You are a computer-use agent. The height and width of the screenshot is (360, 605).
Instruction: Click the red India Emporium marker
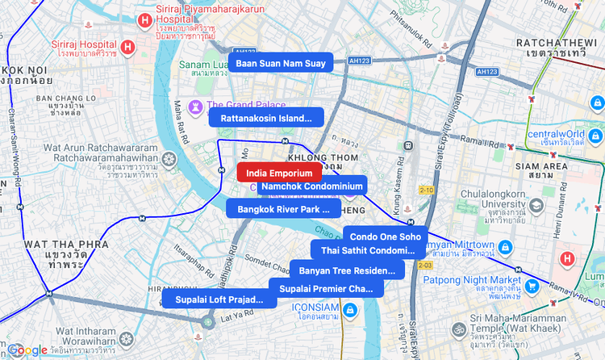pyautogui.click(x=279, y=173)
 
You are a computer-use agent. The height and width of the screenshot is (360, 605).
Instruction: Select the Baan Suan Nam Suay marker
pyautogui.click(x=281, y=63)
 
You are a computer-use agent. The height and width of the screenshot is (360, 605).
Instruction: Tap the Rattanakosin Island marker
pyautogui.click(x=266, y=119)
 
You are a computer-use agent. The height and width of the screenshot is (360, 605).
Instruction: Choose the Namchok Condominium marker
pyautogui.click(x=311, y=186)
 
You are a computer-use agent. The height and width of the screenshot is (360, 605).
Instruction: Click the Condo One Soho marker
pyautogui.click(x=385, y=237)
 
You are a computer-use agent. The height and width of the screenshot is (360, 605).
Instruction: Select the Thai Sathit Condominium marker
pyautogui.click(x=368, y=250)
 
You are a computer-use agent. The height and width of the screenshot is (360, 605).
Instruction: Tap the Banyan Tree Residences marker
pyautogui.click(x=347, y=270)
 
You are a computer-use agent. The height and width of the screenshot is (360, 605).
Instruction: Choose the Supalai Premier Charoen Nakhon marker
pyautogui.click(x=326, y=288)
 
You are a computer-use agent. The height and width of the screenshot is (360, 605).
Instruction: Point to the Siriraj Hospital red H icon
pyautogui.click(x=127, y=47)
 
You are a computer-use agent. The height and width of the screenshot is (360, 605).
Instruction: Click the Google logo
pyautogui.click(x=27, y=350)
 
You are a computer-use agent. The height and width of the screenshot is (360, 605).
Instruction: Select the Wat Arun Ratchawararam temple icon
pyautogui.click(x=169, y=158)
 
